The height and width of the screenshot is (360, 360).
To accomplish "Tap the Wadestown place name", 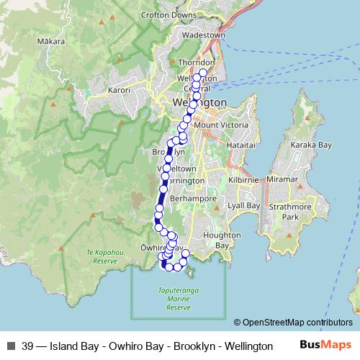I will (204, 34).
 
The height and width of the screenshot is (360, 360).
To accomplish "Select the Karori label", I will (119, 91).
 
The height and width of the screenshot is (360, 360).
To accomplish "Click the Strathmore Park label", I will (300, 212).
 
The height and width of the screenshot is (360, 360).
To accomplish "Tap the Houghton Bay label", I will (216, 240).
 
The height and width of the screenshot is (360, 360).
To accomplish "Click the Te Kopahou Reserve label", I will (102, 256).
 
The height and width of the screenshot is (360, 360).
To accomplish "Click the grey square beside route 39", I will (10, 346).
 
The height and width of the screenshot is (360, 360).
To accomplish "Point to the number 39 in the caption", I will (28, 346).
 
